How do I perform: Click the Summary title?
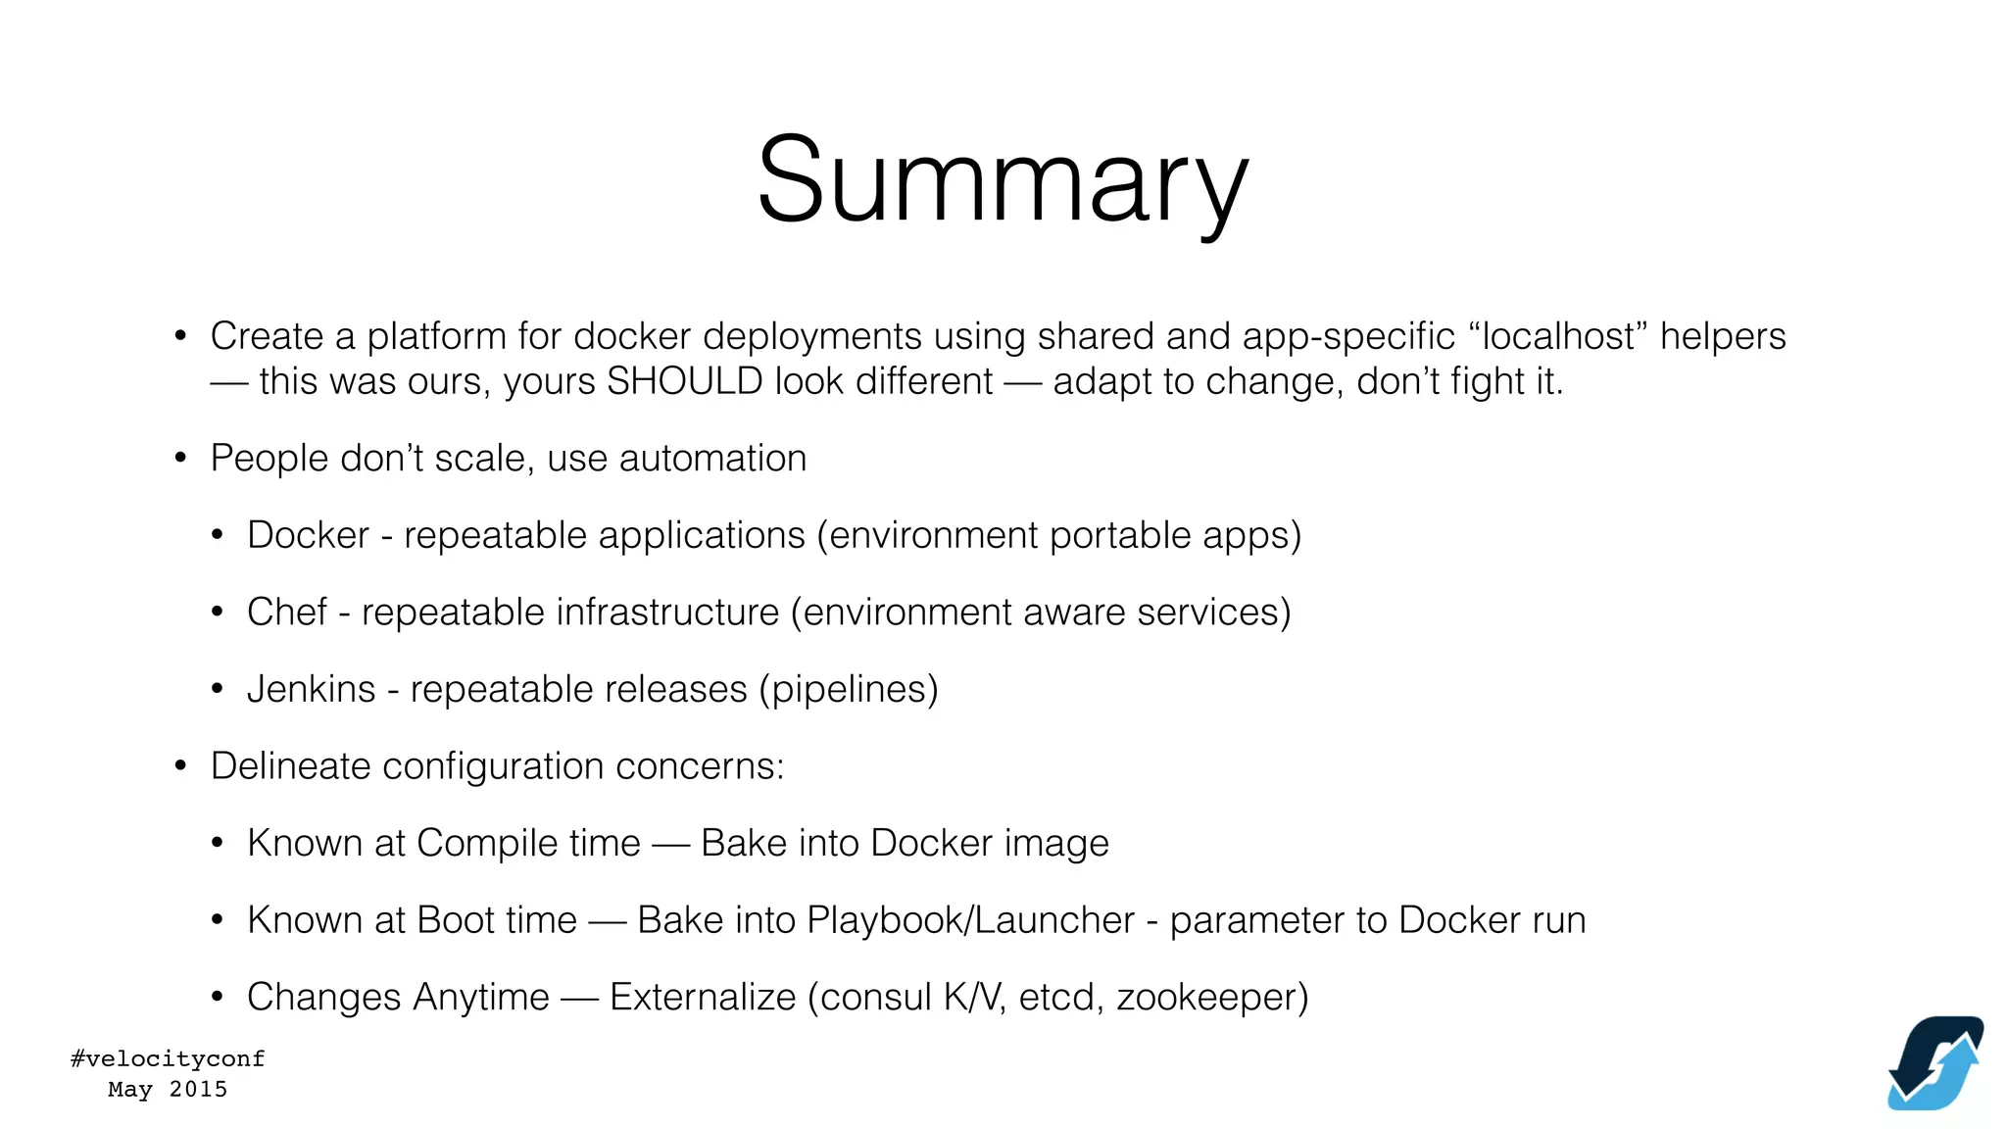pos(1003,181)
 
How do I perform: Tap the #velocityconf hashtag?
pos(168,1058)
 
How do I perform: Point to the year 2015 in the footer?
pos(198,1089)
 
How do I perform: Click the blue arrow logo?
pos(1935,1062)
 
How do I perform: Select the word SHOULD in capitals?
pos(684,381)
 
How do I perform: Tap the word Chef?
pos(286,612)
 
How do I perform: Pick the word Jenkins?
pos(311,689)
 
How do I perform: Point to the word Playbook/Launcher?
pos(970,920)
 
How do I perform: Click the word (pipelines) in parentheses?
pos(849,689)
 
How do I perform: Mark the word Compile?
pos(528,843)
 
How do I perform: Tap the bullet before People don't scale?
pos(180,458)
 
